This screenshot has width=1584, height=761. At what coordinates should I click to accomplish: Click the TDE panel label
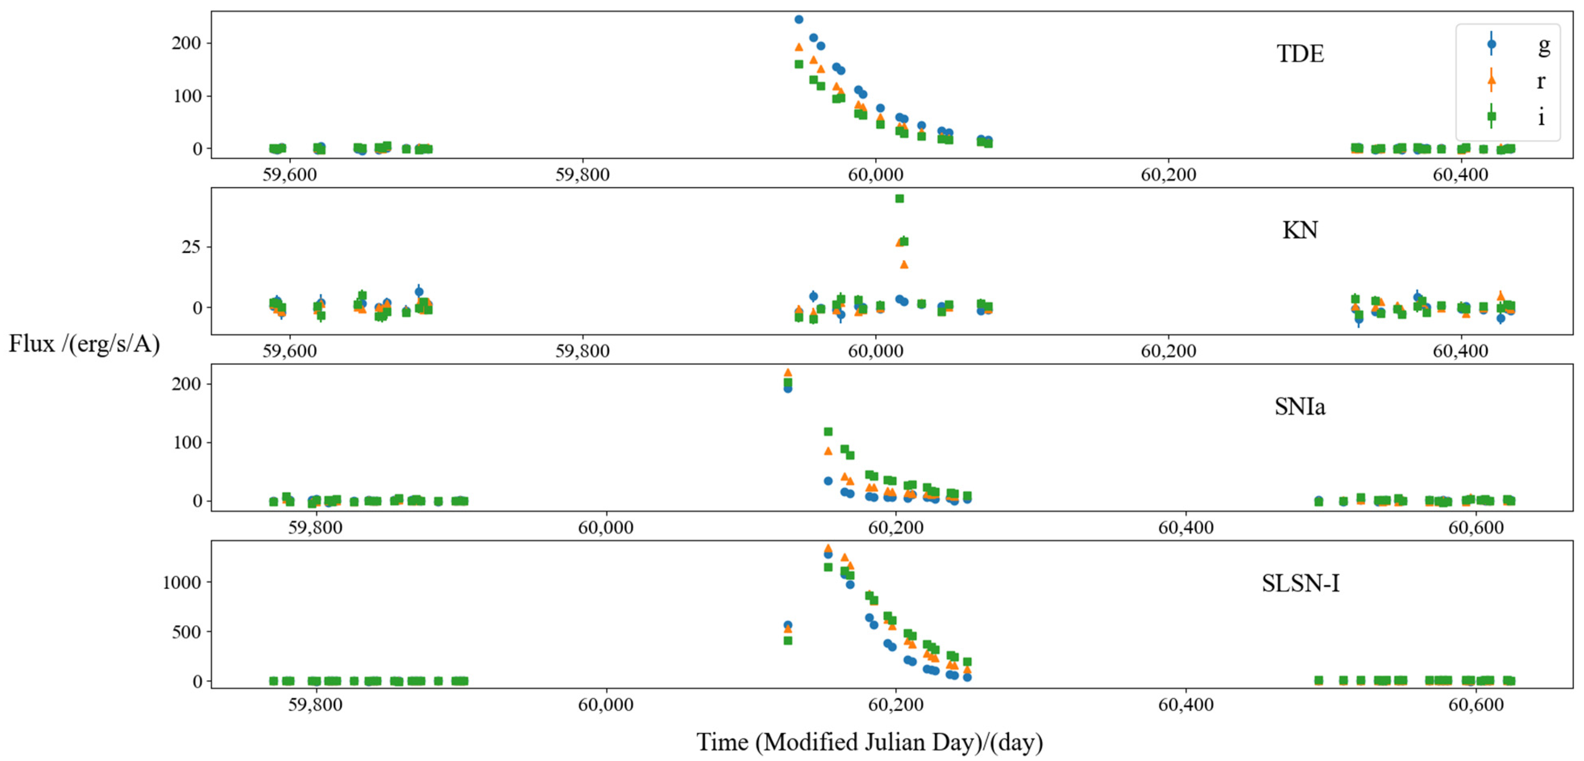[1300, 54]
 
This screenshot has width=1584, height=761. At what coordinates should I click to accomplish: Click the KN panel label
[1300, 230]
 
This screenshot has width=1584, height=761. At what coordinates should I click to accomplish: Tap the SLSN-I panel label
[1300, 583]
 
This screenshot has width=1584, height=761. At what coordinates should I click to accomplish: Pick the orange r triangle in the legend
[1491, 80]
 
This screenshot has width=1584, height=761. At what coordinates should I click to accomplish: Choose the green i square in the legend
[1491, 116]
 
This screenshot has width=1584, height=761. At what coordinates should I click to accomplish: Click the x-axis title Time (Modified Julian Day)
[870, 742]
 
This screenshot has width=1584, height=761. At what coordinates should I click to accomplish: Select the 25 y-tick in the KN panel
[191, 247]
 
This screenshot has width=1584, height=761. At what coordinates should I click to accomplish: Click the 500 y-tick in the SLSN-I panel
[186, 632]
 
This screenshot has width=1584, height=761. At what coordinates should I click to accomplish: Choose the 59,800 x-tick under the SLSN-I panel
[316, 705]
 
